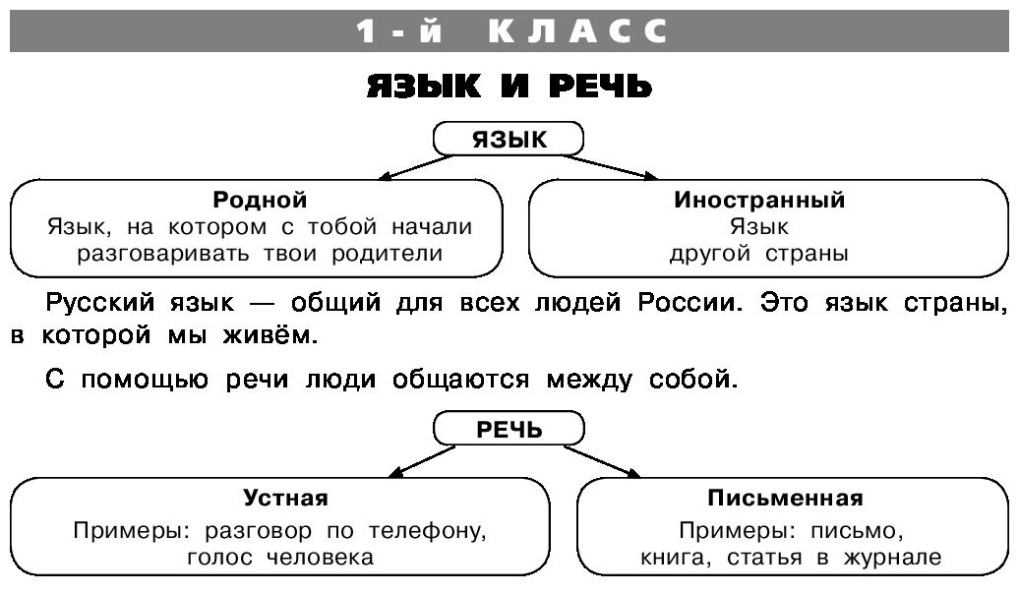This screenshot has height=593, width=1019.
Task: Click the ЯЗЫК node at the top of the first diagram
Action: tap(509, 140)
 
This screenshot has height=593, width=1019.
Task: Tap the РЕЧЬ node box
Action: tap(509, 430)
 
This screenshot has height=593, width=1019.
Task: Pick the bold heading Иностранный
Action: tap(759, 200)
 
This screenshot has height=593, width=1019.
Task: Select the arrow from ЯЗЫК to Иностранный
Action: tap(612, 166)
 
